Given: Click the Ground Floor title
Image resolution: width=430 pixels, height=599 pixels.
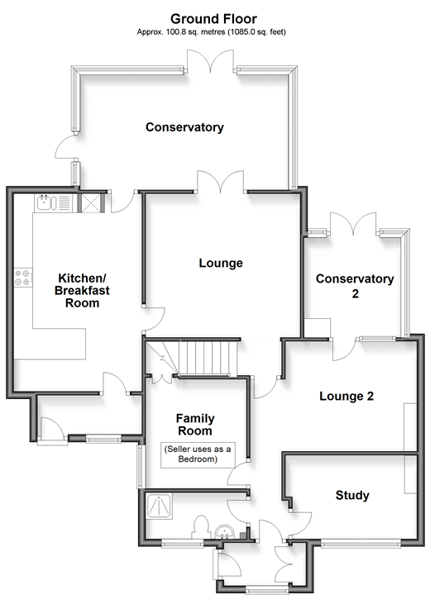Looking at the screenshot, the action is click(213, 18).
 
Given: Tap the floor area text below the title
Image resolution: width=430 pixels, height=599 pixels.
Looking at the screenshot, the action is click(212, 32).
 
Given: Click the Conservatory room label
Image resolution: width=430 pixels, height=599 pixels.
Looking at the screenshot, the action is click(184, 127).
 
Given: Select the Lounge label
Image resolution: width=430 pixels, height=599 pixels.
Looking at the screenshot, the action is click(221, 263).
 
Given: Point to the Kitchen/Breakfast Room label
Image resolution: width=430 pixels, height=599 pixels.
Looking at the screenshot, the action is click(82, 290).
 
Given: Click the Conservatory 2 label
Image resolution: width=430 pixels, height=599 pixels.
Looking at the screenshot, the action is click(355, 286).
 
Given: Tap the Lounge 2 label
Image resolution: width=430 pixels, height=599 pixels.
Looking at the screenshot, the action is click(346, 396).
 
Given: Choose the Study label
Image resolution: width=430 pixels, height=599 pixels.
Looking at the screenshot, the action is click(352, 495).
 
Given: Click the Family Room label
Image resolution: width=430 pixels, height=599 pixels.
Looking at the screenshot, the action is click(195, 425).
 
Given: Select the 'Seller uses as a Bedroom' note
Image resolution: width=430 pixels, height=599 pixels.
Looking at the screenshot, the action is click(198, 454).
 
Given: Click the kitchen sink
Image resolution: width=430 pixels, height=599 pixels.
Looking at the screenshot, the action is click(46, 202).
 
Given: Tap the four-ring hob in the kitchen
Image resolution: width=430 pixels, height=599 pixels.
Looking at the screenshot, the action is click(22, 278).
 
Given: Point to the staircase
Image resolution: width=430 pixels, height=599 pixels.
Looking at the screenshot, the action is click(203, 358).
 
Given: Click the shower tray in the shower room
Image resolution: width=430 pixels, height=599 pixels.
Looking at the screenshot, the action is click(160, 506).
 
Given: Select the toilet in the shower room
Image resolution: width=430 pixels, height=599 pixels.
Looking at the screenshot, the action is click(201, 527).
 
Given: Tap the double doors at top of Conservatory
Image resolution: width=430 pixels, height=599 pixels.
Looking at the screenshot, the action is click(210, 61).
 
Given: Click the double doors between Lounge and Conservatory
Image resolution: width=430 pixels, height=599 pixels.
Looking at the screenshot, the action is click(220, 182).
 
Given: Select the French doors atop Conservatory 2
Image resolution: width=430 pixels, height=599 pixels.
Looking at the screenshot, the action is click(353, 223).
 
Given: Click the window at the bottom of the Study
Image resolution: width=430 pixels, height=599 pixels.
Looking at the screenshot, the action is click(361, 544).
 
